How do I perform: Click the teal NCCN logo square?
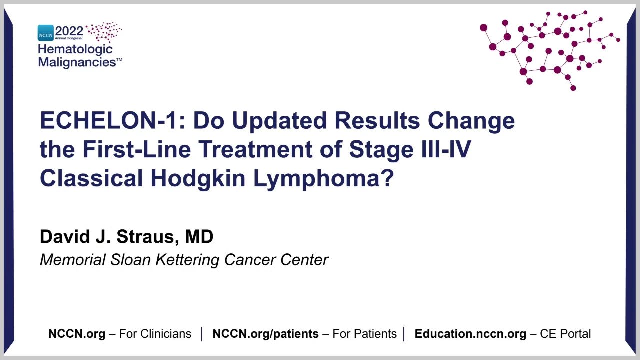(45, 33)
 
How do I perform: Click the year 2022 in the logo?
(69, 31)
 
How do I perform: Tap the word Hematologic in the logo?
(75, 50)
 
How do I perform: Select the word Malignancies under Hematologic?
(77, 62)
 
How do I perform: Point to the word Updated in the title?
(279, 121)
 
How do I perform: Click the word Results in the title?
(377, 120)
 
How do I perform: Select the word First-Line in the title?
(137, 149)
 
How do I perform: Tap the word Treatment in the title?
(255, 149)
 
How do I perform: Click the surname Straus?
(147, 237)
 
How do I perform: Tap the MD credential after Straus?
(199, 236)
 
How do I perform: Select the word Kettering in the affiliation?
(187, 260)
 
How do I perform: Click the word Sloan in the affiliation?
(130, 260)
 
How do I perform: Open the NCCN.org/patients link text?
(265, 334)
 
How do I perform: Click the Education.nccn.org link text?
(470, 334)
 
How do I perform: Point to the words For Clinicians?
(155, 334)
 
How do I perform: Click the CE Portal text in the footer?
(565, 334)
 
